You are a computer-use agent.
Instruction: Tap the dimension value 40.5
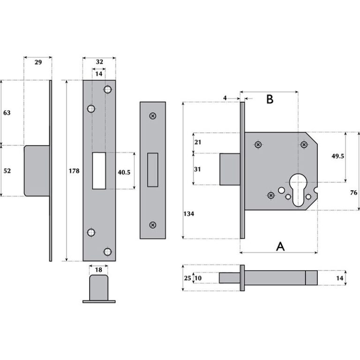124,172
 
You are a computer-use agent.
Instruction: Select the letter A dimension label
280,246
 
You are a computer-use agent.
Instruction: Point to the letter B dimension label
270,99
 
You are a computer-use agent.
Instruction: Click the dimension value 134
189,214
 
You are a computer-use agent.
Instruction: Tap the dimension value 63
7,113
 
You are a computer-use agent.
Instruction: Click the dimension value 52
7,171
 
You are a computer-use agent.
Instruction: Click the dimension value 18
98,270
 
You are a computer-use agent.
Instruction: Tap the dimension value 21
197,142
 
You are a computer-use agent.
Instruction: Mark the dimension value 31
197,168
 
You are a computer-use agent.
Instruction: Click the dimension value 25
187,278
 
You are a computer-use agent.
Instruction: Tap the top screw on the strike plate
152,116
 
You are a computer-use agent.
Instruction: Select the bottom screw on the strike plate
152,225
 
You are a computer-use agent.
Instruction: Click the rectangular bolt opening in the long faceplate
99,171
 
